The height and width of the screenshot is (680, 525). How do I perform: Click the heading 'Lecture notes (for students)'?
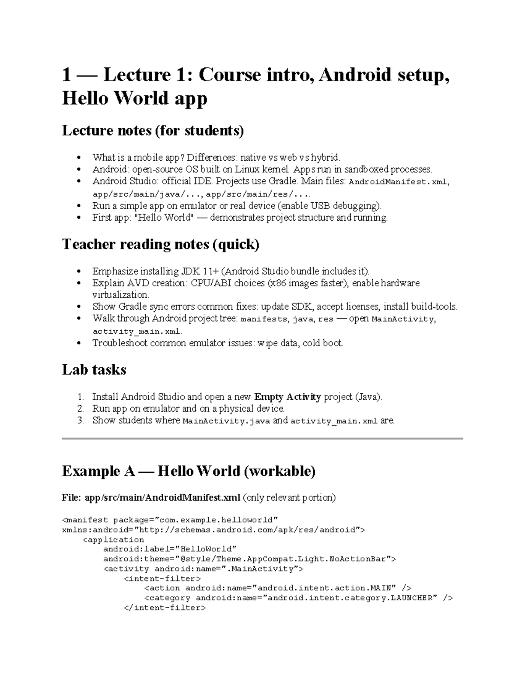coord(153,130)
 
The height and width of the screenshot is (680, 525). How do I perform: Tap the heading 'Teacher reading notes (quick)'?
coord(161,244)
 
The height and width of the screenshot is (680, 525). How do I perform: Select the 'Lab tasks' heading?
coord(94,370)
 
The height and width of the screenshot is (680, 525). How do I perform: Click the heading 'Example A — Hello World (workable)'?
coord(189,471)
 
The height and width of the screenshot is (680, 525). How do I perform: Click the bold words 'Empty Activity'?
coord(287,397)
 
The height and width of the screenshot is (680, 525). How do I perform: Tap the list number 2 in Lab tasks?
coord(80,409)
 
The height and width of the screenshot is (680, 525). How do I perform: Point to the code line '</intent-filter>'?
coord(165,608)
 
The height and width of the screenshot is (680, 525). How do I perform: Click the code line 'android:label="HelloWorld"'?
coord(170,549)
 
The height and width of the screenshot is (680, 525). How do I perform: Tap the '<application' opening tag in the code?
coord(113,539)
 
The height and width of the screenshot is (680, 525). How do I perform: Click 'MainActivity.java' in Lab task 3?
coord(226,421)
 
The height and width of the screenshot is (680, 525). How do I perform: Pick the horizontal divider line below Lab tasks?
coord(262,438)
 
